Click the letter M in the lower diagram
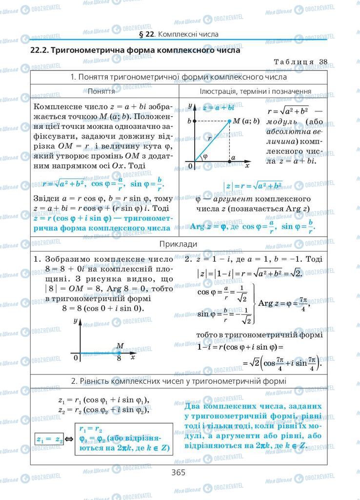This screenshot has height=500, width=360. (120, 346)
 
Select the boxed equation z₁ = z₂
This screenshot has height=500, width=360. (50, 439)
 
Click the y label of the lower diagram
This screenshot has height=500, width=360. (75, 321)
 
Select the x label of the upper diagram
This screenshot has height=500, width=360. (247, 166)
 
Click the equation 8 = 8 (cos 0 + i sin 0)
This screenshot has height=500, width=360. (102, 308)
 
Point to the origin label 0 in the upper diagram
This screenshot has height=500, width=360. (190, 167)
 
